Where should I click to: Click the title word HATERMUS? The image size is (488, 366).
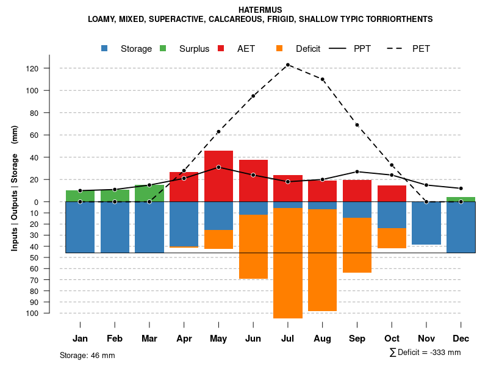[260, 10]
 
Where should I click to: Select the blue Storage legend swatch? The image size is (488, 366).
[105, 48]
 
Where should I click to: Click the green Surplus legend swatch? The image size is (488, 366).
[163, 48]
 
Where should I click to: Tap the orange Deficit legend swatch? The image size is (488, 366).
[279, 48]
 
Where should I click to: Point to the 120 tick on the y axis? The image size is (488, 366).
[49, 68]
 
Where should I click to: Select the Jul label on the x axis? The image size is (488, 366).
[287, 339]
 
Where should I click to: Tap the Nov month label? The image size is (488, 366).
[426, 339]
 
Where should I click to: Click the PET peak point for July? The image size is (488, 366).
[287, 65]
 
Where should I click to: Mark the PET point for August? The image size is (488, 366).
[322, 79]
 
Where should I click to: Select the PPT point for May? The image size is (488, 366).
[218, 167]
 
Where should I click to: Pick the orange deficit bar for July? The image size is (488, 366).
[287, 262]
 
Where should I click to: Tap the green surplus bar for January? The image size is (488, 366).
[80, 196]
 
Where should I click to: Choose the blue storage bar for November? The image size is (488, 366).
[426, 223]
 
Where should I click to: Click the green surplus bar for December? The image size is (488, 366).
[461, 199]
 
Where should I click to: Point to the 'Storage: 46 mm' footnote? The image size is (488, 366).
[87, 355]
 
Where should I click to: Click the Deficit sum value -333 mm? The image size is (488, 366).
[443, 353]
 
